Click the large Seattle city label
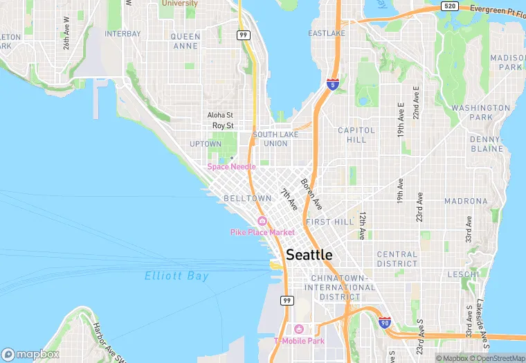pos(309,255)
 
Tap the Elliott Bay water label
pos(176,276)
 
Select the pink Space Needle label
pos(231,167)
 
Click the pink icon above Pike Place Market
pos(262,221)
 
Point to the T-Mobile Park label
pos(299,340)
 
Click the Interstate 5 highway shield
pos(333,85)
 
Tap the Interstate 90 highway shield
pos(386,323)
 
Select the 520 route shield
pos(449,7)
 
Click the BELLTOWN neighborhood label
pos(248,198)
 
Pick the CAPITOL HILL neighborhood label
pos(356,134)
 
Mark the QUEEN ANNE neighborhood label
pos(185,41)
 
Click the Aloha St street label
pos(220,115)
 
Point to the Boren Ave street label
pos(311,195)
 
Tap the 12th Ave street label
pos(362,226)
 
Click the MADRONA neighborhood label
pos(466,201)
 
